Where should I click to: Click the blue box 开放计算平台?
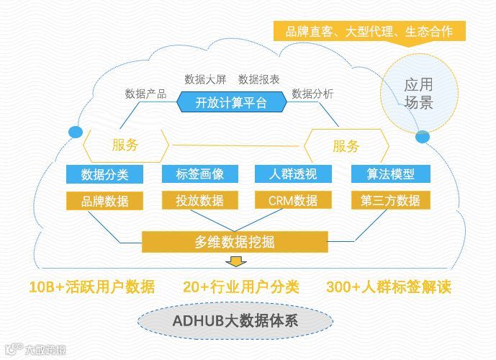[x=231, y=102]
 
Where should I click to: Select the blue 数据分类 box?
[x=102, y=174]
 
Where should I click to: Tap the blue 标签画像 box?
[x=199, y=174]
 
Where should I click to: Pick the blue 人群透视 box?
[x=292, y=174]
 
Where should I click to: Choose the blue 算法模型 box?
[x=390, y=174]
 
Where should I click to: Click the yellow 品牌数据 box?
[x=102, y=200]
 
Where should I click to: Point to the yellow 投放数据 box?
[x=199, y=200]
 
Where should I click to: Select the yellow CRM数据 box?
[x=292, y=200]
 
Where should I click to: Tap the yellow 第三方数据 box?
[x=390, y=200]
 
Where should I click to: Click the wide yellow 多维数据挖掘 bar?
[x=235, y=242]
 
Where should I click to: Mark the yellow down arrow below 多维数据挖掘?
[x=235, y=261]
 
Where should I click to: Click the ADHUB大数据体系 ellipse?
[x=235, y=320]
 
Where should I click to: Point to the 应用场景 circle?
[x=418, y=94]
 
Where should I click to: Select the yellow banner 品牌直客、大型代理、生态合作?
[x=369, y=32]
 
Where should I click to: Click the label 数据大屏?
[x=205, y=78]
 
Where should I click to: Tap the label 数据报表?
[x=259, y=78]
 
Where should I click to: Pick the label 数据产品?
[x=146, y=94]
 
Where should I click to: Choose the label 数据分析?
[x=312, y=94]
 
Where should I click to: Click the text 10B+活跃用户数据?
[x=92, y=286]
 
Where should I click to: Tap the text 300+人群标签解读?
[x=389, y=286]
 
